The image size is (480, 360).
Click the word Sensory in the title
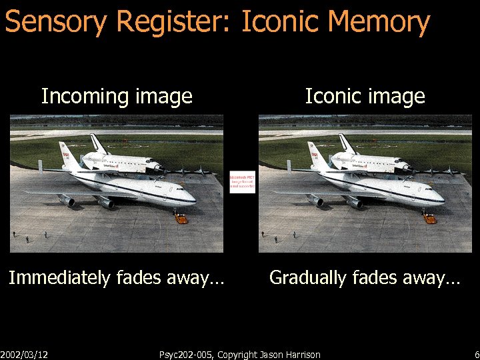pyautogui.click(x=56, y=22)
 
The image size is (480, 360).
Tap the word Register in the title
pyautogui.click(x=172, y=22)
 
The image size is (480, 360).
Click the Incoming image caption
pyautogui.click(x=117, y=97)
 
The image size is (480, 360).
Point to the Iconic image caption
pyautogui.click(x=365, y=97)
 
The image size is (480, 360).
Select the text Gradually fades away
pyautogui.click(x=365, y=277)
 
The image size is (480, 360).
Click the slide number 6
pyautogui.click(x=476, y=355)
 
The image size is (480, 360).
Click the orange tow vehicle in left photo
pyautogui.click(x=181, y=218)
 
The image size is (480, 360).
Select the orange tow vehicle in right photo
pyautogui.click(x=429, y=218)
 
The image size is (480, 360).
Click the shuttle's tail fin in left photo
pyautogui.click(x=96, y=143)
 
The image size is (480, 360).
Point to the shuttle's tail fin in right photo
pyautogui.click(x=345, y=143)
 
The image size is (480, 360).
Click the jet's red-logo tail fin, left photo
pyautogui.click(x=65, y=155)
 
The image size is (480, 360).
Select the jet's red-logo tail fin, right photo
pyautogui.click(x=314, y=155)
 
